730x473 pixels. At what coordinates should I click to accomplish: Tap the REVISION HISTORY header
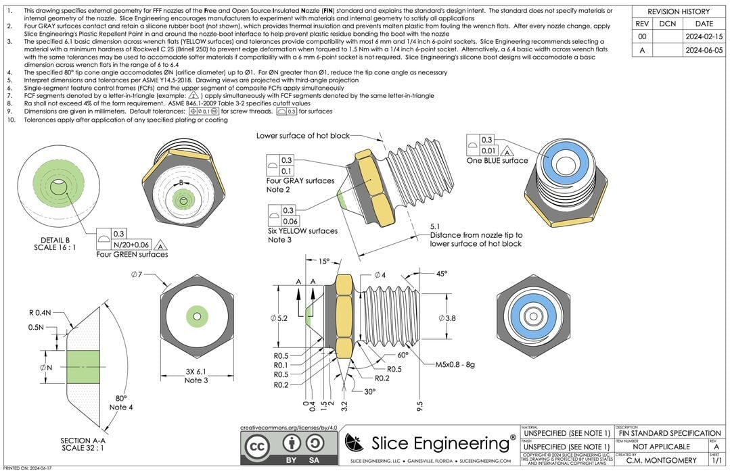[x=679, y=11]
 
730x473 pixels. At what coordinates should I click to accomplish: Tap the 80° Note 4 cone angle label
[x=122, y=403]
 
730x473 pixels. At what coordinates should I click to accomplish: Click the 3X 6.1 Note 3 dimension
[x=196, y=376]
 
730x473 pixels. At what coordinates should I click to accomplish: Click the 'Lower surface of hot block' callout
[x=302, y=136]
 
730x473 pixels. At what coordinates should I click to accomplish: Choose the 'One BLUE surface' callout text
[x=497, y=161]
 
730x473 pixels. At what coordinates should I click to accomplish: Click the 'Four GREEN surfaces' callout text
[x=132, y=254]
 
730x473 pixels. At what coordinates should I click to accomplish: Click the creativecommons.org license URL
[x=288, y=428]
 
